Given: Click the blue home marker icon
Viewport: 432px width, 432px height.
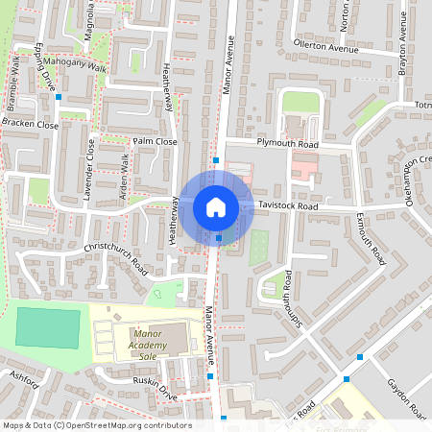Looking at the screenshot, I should click(x=216, y=206).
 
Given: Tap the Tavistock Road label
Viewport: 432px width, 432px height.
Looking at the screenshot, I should click(x=293, y=206).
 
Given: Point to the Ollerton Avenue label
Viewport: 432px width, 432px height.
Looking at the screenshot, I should click(x=331, y=45).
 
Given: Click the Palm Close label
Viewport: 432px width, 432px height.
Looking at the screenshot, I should click(x=156, y=141).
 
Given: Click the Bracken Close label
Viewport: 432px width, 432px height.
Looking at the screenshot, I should click(x=30, y=124).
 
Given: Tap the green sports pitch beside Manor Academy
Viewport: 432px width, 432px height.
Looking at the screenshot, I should click(x=49, y=326).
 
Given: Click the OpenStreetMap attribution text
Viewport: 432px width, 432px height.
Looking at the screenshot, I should click(x=97, y=425).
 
